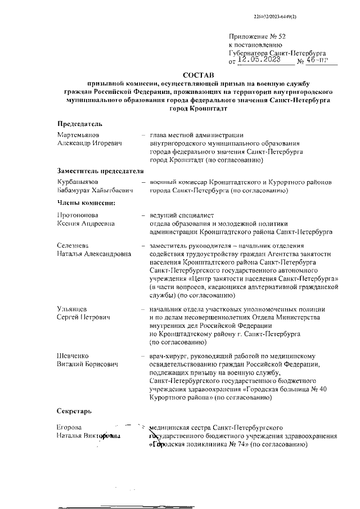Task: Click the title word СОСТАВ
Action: coord(198,75)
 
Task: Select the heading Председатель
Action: coord(80,123)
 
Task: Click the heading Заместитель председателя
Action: coord(97,170)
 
